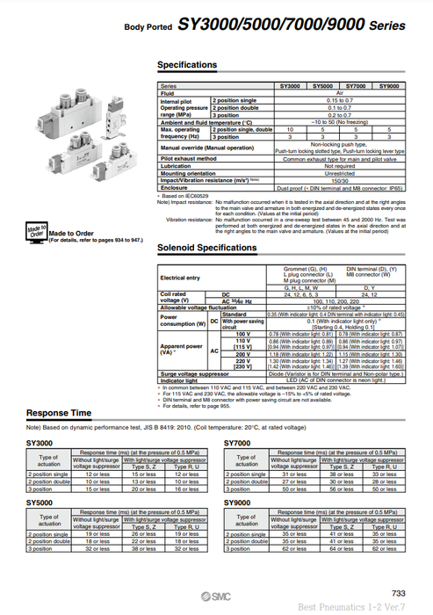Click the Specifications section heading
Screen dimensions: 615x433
pos(186,65)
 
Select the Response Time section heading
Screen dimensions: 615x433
pos(60,412)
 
